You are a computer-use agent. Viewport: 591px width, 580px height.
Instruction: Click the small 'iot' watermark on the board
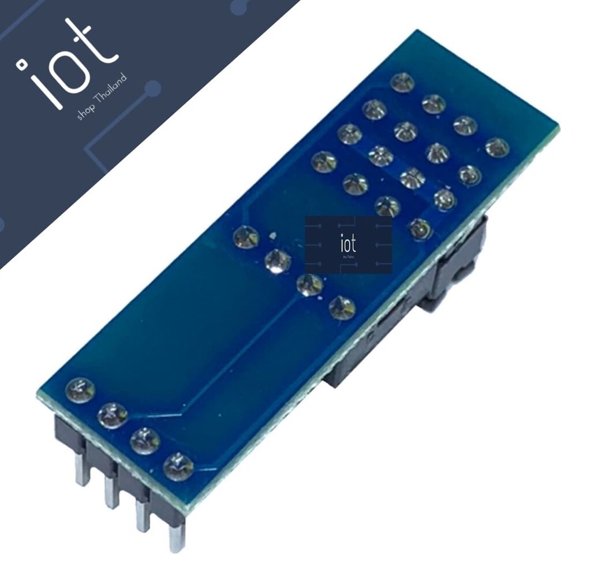click(x=349, y=244)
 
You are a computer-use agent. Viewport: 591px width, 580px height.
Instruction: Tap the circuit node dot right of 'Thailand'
click(x=153, y=88)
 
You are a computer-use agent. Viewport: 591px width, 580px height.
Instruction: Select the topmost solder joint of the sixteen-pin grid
click(x=402, y=83)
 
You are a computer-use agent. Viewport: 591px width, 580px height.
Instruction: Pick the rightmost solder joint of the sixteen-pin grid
click(x=497, y=147)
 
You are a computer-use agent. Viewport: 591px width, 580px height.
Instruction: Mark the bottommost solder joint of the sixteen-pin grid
click(x=420, y=229)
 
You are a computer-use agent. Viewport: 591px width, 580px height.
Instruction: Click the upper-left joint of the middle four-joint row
click(x=246, y=237)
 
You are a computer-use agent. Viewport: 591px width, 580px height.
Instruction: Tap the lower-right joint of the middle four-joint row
click(x=342, y=307)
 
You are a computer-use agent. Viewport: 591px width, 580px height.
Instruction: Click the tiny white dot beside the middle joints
click(x=274, y=235)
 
